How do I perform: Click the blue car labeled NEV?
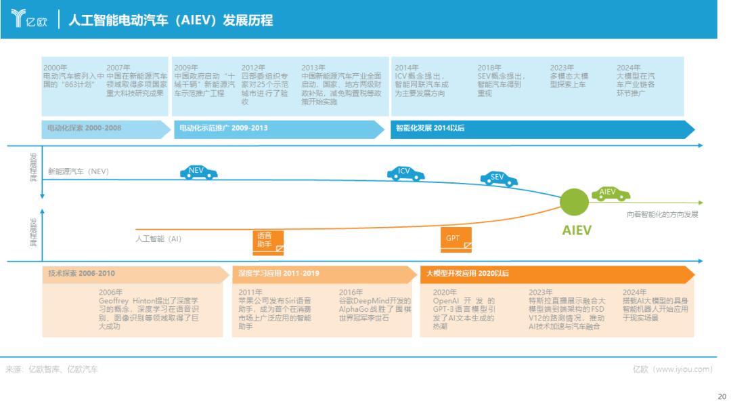[199, 172]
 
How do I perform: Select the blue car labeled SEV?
[499, 179]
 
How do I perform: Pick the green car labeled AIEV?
[611, 194]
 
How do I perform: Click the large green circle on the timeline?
[575, 202]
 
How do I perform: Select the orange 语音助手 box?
[268, 241]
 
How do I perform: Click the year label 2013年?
[313, 68]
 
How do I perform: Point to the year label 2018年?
[489, 68]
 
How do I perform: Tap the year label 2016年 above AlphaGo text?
[351, 292]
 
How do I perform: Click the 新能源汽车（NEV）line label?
[79, 171]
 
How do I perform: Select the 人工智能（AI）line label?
[158, 239]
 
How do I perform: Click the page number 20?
[721, 398]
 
